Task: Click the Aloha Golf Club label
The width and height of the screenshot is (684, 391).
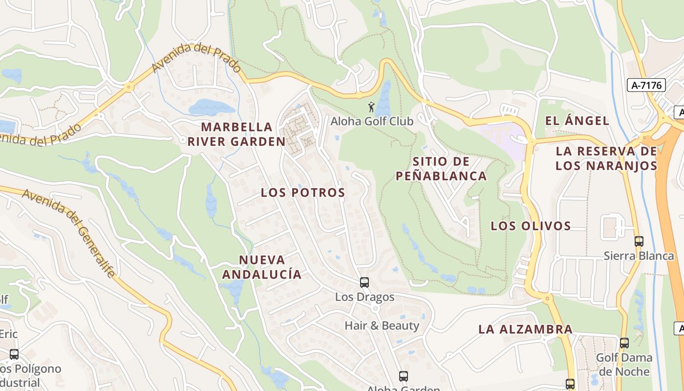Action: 372,121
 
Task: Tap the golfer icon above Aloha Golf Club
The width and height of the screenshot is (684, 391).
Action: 372,106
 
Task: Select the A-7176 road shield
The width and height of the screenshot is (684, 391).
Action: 646,85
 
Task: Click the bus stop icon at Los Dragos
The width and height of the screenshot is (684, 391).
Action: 364,282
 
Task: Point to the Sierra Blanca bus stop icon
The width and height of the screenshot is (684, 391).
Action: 639,241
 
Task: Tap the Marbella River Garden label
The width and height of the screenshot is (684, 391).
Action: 237,134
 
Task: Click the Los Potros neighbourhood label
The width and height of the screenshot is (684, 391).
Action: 303,193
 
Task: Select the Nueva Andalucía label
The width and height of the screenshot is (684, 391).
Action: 262,267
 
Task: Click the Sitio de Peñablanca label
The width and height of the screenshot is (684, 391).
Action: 441,169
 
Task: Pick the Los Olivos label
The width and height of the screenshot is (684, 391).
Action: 531,226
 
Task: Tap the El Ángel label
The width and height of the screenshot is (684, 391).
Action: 577,121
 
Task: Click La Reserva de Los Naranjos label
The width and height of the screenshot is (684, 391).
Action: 606,158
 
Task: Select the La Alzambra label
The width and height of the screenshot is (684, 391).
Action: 525,329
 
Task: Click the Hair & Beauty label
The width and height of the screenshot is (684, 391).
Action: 382,326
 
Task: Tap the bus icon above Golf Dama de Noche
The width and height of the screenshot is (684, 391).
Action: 624,343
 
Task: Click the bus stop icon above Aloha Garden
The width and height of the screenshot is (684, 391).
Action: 403,376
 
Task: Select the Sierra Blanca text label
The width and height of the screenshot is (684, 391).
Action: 639,256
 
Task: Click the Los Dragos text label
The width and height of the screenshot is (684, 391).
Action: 364,297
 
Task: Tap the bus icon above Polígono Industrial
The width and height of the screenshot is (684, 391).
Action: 14,354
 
